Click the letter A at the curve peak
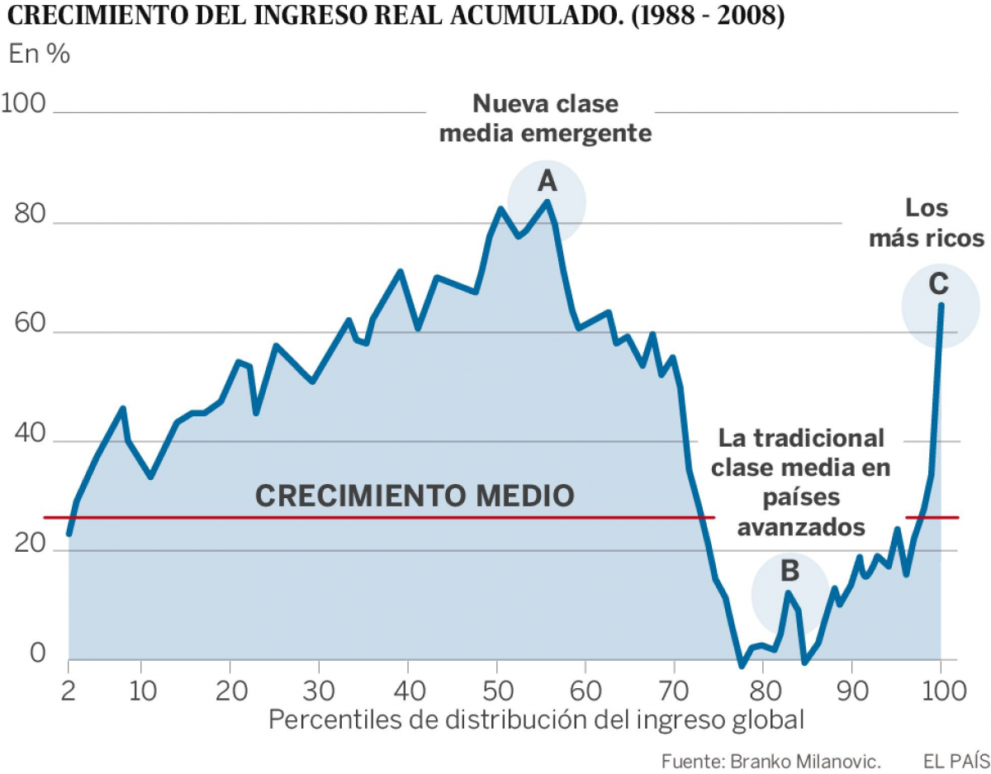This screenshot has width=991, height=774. pyautogui.click(x=547, y=182)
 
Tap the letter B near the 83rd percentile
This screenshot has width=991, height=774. pyautogui.click(x=789, y=571)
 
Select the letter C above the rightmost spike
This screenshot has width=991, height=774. pyautogui.click(x=938, y=284)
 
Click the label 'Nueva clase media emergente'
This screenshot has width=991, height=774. pyautogui.click(x=546, y=118)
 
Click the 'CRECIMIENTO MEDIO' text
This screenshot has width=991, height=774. pyautogui.click(x=414, y=496)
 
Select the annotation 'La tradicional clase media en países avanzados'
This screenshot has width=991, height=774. pyautogui.click(x=800, y=482)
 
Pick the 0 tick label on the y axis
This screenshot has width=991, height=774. pyautogui.click(x=37, y=653)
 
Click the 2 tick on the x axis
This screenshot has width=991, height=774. pyautogui.click(x=69, y=688)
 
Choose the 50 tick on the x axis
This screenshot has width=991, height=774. pyautogui.click(x=496, y=688)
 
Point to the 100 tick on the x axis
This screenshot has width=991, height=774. pyautogui.click(x=940, y=688)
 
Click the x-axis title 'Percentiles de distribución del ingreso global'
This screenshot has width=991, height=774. pyautogui.click(x=536, y=720)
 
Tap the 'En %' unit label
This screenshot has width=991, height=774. pyautogui.click(x=39, y=55)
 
